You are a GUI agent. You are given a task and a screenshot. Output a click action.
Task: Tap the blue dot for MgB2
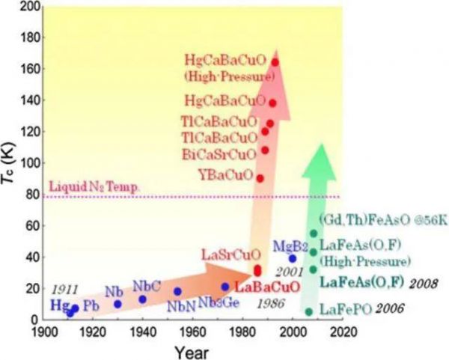tap(292, 258)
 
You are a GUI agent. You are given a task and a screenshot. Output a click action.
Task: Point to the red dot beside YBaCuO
tap(260, 178)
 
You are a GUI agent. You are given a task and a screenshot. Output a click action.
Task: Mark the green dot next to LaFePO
tap(308, 311)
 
